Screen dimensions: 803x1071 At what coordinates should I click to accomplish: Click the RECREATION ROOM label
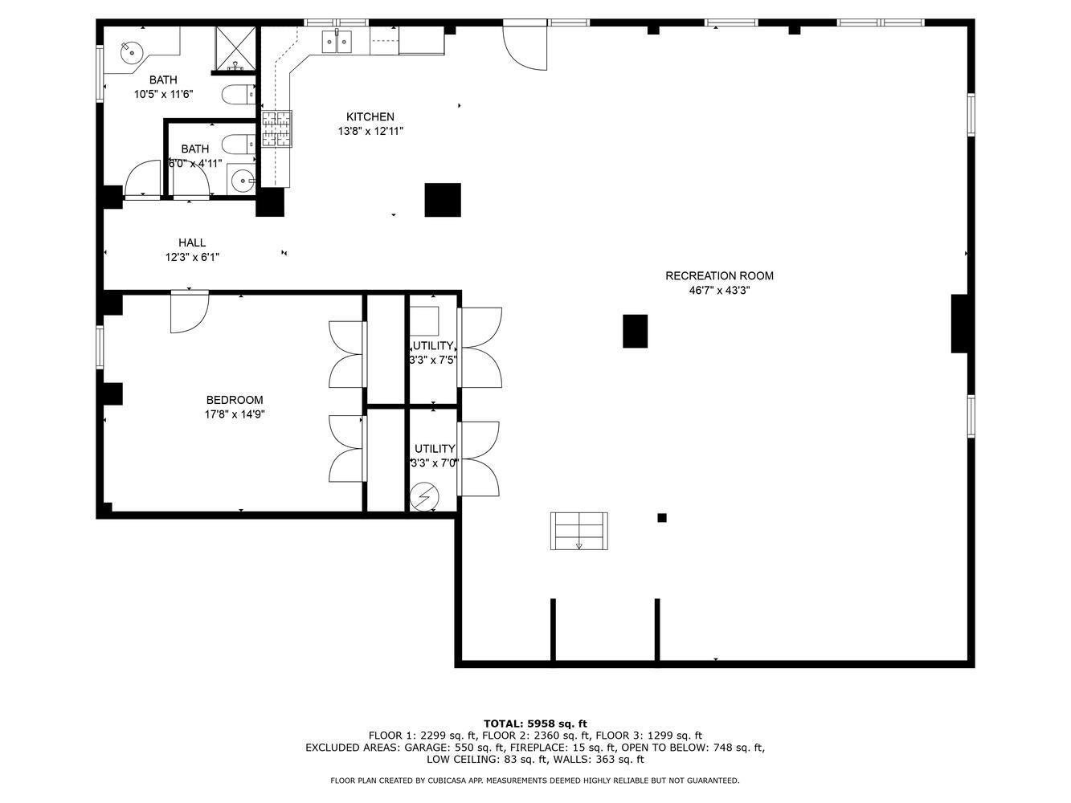tap(719, 276)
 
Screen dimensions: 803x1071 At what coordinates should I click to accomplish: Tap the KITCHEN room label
tap(370, 117)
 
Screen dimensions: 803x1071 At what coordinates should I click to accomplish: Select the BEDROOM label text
tap(235, 401)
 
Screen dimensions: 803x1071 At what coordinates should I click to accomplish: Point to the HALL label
tap(192, 243)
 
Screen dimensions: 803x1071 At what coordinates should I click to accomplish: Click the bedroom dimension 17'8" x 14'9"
tap(235, 415)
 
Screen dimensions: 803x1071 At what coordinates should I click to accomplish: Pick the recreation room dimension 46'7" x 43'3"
tap(719, 291)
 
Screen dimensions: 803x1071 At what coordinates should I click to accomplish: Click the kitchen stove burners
tap(276, 129)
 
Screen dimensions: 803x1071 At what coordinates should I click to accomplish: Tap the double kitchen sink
tap(338, 41)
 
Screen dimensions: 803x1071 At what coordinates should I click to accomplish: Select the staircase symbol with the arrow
tap(578, 531)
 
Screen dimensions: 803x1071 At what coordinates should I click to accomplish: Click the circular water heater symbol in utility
tap(423, 498)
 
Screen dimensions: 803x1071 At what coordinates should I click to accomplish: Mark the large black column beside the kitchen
tap(443, 200)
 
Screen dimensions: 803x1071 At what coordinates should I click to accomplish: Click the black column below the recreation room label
tap(635, 331)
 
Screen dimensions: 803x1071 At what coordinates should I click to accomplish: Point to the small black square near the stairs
tap(662, 518)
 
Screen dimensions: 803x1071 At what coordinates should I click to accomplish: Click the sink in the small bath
tap(243, 181)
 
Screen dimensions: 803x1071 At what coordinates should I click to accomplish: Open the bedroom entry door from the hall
tap(190, 311)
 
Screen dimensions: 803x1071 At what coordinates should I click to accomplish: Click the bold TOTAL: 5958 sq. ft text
tap(535, 724)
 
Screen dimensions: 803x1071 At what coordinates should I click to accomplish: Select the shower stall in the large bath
tap(236, 47)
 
